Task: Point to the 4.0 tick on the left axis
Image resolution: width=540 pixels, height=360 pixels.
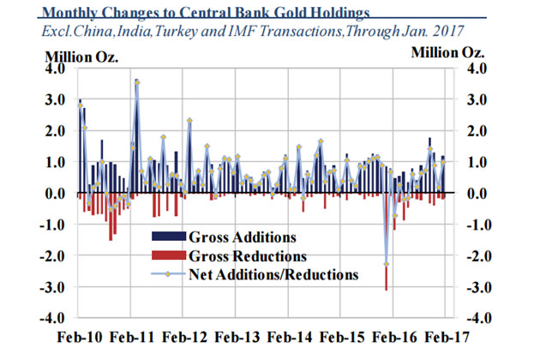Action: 54,69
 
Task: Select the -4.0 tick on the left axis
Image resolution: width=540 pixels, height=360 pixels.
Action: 51,318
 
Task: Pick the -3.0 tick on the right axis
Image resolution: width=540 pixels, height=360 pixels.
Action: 476,287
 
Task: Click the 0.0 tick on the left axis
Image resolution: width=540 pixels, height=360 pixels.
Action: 54,194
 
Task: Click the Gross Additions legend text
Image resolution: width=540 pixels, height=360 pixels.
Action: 243,237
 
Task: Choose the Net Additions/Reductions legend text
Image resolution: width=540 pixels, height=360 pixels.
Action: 273,275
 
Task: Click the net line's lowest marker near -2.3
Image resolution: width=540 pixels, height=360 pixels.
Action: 387,264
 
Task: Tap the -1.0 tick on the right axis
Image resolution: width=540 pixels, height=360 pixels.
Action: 476,225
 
